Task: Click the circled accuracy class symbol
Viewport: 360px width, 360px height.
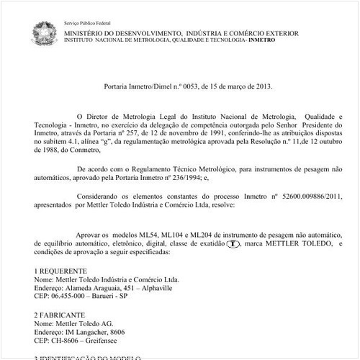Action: click(x=233, y=245)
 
